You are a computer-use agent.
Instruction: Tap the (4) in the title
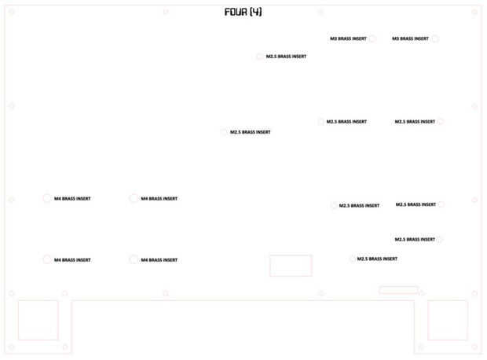coord(256,12)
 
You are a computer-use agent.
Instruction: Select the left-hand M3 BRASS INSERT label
coord(347,39)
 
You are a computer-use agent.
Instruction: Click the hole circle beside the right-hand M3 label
coord(435,39)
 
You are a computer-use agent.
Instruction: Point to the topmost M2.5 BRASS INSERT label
coord(286,57)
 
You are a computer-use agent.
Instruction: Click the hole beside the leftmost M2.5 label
coord(224,132)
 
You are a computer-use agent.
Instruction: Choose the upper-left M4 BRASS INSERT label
coord(72,199)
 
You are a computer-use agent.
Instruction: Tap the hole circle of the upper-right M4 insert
coord(134,198)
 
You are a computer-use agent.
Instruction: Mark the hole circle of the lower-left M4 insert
coord(47,259)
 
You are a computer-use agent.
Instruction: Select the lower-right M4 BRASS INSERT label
coord(159,260)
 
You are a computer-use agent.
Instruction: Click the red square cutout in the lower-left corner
coord(38,320)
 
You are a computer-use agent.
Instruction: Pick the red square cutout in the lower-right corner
coord(448,320)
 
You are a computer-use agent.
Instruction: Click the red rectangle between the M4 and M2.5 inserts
coord(291,266)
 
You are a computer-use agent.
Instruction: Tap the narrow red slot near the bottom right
coord(398,290)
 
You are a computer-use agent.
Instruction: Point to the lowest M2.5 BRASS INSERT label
coord(377,259)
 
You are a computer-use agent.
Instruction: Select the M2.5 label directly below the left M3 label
coord(346,122)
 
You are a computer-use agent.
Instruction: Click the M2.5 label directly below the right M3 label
coord(415,122)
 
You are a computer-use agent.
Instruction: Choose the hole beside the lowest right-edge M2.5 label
coord(440,239)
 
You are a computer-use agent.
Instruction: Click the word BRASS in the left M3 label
coord(349,39)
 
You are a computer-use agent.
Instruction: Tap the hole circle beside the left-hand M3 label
coord(372,39)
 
